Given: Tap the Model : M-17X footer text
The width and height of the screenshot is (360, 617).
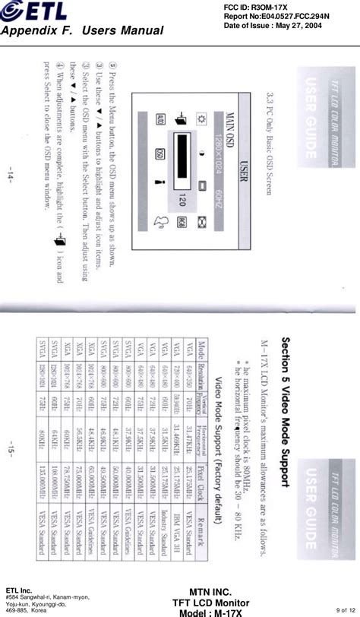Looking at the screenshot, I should [207, 612].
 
